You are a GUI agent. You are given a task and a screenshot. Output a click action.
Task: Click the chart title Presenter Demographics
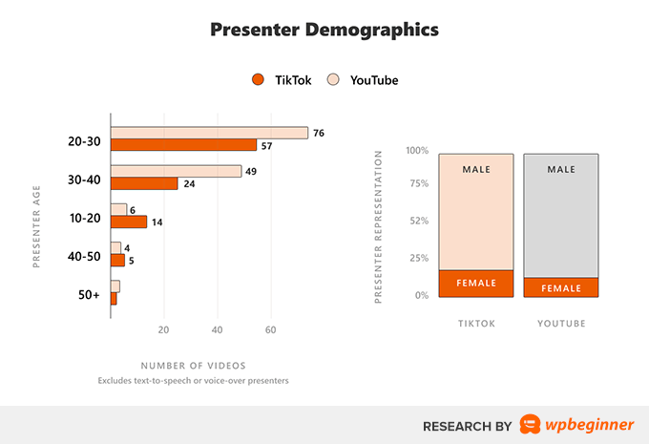click(x=324, y=30)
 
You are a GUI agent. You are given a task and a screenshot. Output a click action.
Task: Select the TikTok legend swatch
click(x=257, y=80)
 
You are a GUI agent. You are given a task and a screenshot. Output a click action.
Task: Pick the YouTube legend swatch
click(x=333, y=80)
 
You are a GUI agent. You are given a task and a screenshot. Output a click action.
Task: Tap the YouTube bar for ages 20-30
click(x=209, y=133)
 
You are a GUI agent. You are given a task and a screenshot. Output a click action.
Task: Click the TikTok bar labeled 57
click(x=183, y=145)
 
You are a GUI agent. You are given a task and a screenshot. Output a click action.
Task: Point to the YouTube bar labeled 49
click(x=176, y=171)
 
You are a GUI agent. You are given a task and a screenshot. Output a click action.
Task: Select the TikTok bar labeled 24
click(x=144, y=183)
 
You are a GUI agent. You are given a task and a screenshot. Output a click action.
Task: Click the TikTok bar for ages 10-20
click(x=129, y=222)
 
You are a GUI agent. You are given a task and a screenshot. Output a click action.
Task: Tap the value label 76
click(x=319, y=133)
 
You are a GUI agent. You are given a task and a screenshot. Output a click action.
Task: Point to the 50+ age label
click(x=89, y=294)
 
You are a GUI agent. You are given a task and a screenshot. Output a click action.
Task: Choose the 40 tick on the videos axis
click(x=217, y=330)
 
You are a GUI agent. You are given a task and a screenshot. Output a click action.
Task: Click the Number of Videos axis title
click(x=193, y=366)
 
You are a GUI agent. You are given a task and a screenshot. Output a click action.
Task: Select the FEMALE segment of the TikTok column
click(x=475, y=284)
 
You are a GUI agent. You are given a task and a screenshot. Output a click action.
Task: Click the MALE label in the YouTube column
click(x=560, y=170)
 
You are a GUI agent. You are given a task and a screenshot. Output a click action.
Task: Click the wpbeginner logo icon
click(x=531, y=424)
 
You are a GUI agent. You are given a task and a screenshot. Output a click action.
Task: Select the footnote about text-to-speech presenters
click(x=193, y=381)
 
